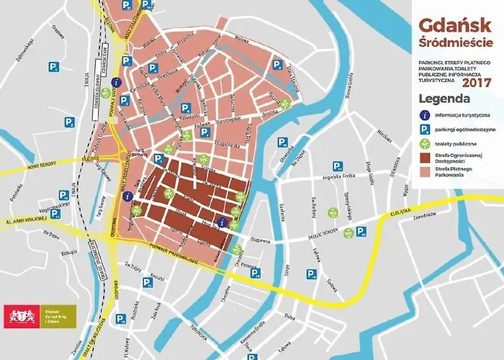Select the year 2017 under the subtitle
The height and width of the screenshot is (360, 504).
476,82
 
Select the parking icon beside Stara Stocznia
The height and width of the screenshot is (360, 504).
278,66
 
